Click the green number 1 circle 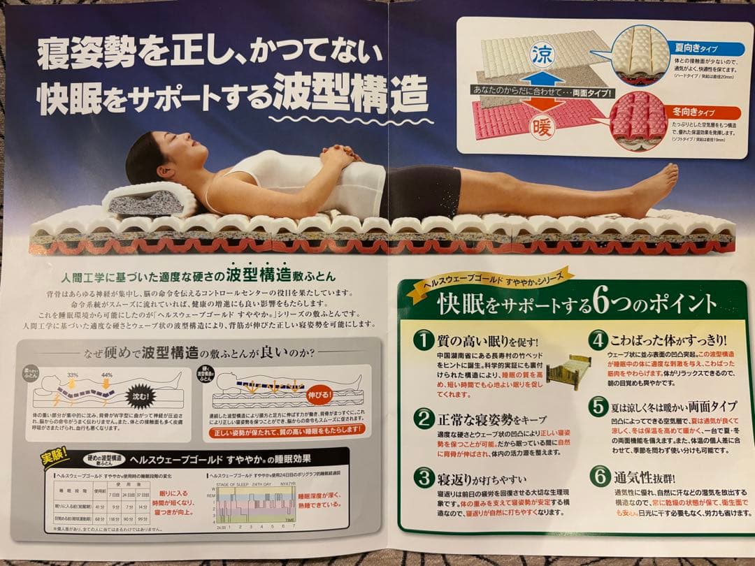[423, 341]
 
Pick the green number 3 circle [423, 478]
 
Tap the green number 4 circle [598, 341]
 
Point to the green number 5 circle [598, 406]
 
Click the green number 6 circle [598, 478]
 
